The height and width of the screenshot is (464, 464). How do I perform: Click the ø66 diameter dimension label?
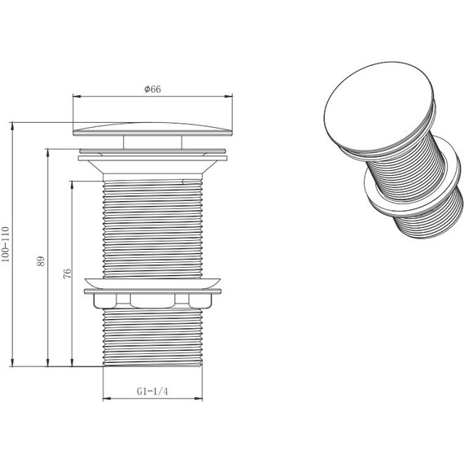point(153,89)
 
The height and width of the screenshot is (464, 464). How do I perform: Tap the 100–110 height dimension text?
point(6,244)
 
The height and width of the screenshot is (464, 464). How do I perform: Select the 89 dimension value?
point(42,261)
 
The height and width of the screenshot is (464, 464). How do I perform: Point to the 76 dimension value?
point(68,274)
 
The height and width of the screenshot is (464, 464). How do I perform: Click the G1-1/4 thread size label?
point(152,392)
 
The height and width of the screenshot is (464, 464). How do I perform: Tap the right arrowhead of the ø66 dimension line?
point(229,96)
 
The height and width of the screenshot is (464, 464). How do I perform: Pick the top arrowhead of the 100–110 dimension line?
point(12,126)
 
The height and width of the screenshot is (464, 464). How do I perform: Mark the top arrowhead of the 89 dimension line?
point(48,153)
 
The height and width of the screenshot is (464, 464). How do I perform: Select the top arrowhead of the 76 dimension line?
point(72,186)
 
